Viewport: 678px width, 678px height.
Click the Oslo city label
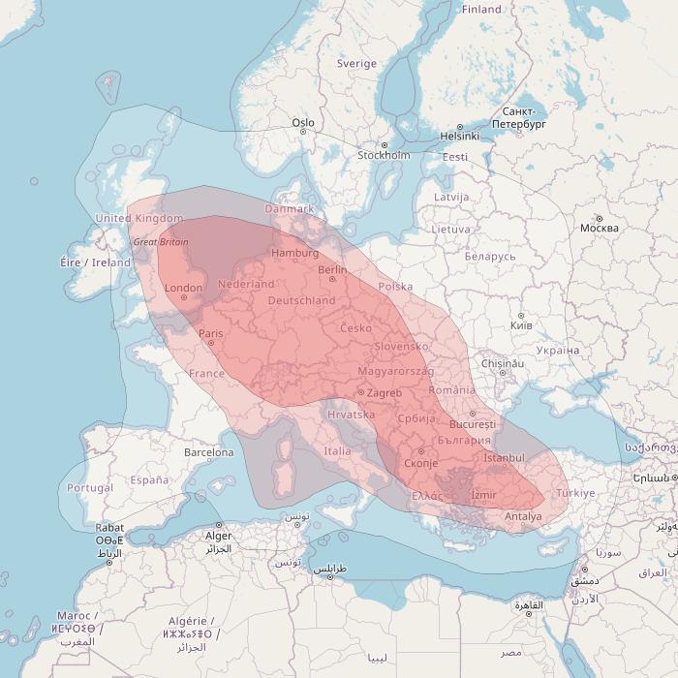tap(303, 123)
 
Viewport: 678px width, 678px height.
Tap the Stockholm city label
tap(384, 155)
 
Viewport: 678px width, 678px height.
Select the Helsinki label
tap(460, 137)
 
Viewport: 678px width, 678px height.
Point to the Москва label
tap(599, 229)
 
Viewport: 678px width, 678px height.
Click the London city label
tap(184, 288)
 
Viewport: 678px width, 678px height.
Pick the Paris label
tap(210, 334)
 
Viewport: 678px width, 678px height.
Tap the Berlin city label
tap(332, 270)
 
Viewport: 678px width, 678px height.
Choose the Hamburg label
tap(295, 253)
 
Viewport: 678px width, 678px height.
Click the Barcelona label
tap(209, 452)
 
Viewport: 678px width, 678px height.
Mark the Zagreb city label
tap(385, 392)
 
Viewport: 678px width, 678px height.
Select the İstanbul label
tap(504, 457)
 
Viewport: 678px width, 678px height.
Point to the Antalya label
tap(524, 516)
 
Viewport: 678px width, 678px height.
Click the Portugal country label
tap(91, 488)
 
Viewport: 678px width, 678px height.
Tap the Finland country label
tap(481, 10)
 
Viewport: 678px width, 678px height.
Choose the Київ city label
tap(520, 325)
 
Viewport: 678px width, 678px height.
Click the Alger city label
tap(218, 536)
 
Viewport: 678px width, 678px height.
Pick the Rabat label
tap(109, 529)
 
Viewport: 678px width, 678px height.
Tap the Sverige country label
tap(356, 64)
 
